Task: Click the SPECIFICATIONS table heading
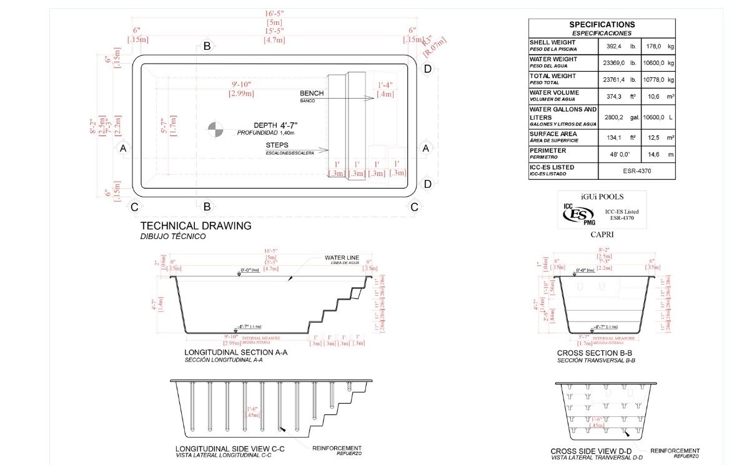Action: tap(602, 24)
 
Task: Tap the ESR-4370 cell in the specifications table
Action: tap(637, 170)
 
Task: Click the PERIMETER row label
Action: tap(548, 150)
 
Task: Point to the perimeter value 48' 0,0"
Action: tap(618, 154)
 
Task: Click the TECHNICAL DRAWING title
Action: tap(196, 226)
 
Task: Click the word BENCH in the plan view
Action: tap(312, 93)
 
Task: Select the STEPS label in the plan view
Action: tap(277, 145)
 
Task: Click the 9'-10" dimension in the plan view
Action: tap(241, 84)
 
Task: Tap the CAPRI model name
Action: tap(602, 235)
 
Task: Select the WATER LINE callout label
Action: tap(340, 257)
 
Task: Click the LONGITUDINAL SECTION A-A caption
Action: tap(232, 352)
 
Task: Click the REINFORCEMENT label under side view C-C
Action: tap(337, 448)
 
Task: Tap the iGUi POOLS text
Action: tap(602, 197)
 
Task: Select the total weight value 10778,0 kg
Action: tap(655, 79)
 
